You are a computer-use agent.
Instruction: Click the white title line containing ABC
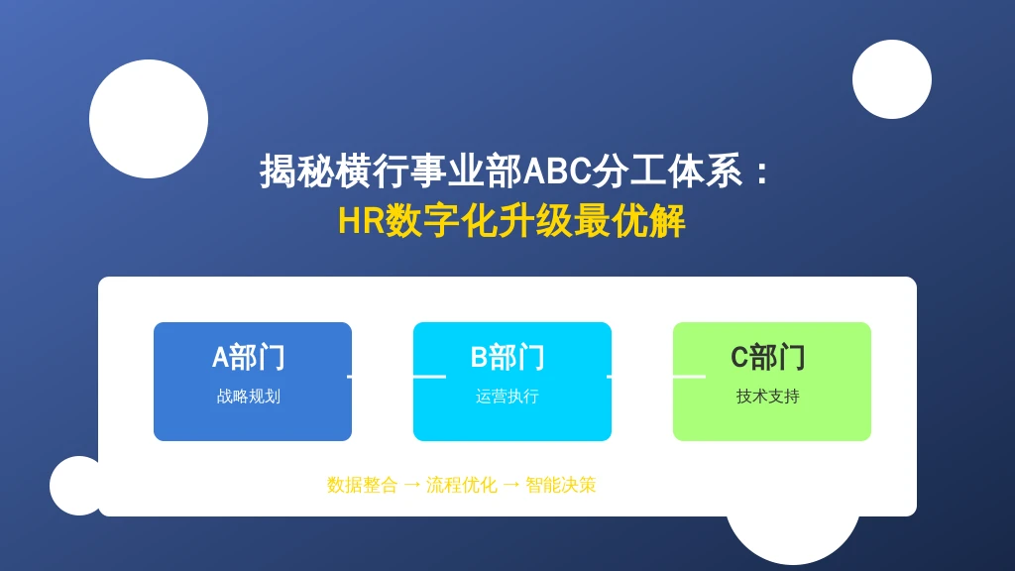514,171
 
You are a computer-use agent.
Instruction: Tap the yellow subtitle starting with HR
511,221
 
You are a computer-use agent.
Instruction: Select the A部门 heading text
249,357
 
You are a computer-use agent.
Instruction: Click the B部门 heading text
507,357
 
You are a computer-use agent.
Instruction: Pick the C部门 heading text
768,357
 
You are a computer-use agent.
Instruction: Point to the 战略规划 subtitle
249,397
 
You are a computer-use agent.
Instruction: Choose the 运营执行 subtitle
507,397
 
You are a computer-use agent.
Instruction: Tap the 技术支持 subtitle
768,397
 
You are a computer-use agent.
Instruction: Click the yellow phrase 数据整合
362,485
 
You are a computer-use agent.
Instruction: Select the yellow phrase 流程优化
462,485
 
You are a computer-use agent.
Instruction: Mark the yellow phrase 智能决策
561,485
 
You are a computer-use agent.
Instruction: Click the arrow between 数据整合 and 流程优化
411,485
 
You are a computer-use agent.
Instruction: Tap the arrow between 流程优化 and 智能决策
511,485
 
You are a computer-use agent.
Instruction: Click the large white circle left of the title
149,119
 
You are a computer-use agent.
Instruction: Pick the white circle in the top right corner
892,79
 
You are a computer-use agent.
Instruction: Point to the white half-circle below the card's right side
793,540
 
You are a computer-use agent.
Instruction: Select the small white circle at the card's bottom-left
74,486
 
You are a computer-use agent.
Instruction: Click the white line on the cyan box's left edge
430,376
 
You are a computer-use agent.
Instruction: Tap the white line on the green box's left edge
690,376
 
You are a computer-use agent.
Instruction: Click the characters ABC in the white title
557,171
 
